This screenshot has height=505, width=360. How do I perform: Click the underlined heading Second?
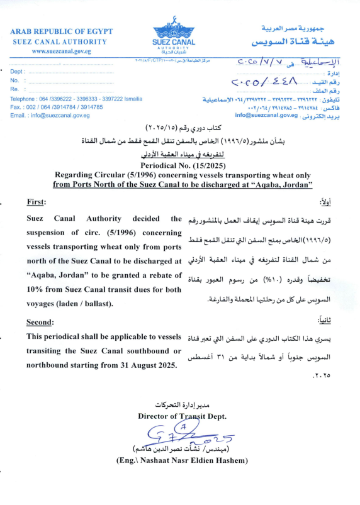coord(42,323)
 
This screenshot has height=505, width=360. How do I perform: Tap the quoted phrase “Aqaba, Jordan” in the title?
coord(283,167)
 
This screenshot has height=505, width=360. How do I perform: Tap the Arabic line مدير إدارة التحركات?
coord(181,404)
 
